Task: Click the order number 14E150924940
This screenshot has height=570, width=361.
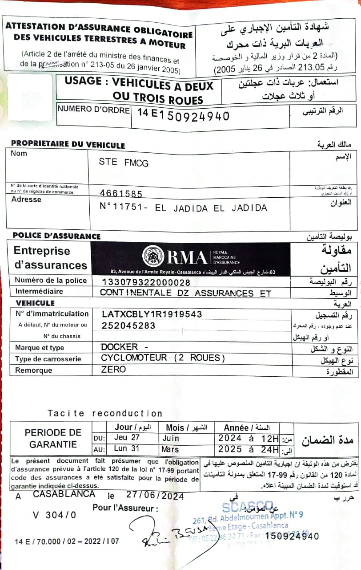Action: tap(183, 115)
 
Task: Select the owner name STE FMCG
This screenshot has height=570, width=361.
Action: tap(124, 163)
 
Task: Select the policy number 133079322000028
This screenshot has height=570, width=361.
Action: tap(146, 282)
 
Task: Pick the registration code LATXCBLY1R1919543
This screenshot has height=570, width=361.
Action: tap(152, 314)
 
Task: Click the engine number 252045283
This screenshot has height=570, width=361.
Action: tap(128, 326)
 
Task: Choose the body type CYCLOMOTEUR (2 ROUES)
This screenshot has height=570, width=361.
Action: tap(163, 358)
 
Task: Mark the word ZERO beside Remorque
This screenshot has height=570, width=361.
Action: tap(113, 369)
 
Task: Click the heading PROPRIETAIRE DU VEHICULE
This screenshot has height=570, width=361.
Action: tap(68, 145)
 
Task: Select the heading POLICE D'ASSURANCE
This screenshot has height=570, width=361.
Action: tap(56, 236)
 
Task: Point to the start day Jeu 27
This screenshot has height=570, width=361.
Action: tap(127, 438)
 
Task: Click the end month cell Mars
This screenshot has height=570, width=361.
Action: tap(170, 449)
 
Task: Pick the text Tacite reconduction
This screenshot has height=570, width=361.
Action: tap(105, 413)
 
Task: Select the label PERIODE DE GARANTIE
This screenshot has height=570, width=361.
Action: tap(53, 438)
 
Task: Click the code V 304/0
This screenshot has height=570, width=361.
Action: tap(54, 515)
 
